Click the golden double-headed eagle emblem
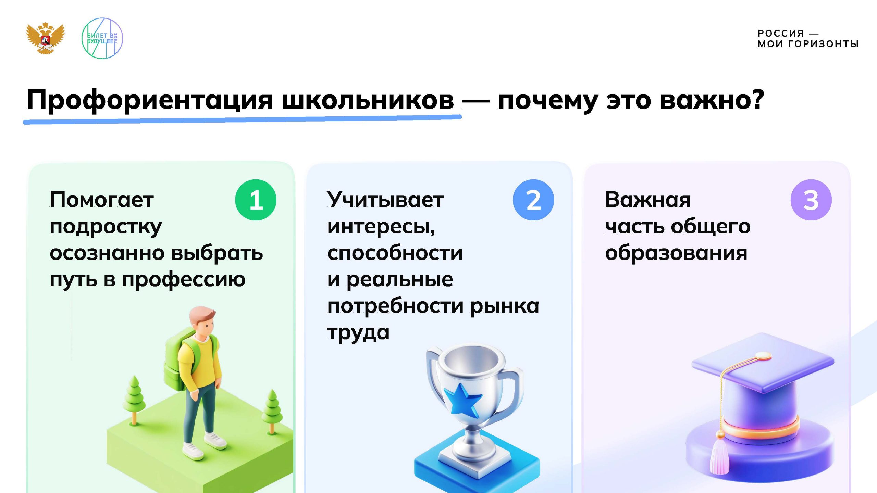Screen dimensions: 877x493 click(x=46, y=38)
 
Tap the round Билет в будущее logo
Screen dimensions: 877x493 click(x=102, y=38)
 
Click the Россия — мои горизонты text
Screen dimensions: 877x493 click(x=808, y=39)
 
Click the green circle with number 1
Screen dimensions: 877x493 click(x=256, y=200)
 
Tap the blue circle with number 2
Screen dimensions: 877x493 click(x=533, y=200)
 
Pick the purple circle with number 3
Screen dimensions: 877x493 click(x=811, y=200)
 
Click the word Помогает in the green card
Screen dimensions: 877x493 click(x=102, y=200)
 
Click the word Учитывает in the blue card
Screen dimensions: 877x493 click(x=385, y=200)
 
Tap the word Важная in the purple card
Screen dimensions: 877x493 click(x=648, y=200)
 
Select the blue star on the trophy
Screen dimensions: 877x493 click(x=462, y=401)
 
